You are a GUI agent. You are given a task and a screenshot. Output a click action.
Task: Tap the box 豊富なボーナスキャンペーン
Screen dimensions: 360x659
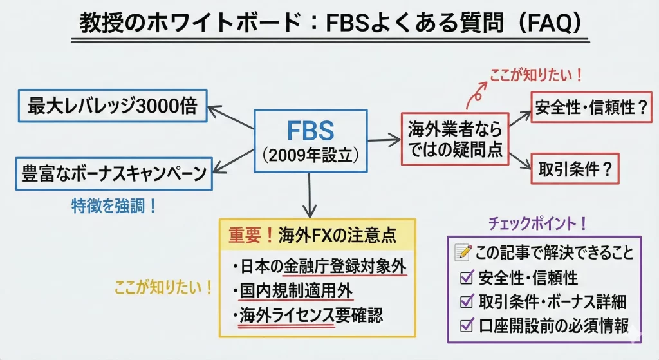coord(113,173)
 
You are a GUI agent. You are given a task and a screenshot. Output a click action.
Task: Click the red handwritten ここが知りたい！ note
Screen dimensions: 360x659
coord(536,74)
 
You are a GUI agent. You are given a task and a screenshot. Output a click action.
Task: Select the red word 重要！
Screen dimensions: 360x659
coord(252,236)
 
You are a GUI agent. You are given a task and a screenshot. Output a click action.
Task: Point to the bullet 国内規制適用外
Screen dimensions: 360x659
coord(296,292)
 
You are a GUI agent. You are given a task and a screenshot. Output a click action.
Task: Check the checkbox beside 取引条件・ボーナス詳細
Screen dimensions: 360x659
coord(465,302)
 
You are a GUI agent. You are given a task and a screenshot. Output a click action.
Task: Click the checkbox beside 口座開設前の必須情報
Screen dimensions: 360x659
coord(465,325)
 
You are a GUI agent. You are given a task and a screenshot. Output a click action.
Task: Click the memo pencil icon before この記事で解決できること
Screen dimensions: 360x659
coord(463,252)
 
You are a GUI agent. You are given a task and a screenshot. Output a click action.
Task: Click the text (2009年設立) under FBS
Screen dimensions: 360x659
coord(310,155)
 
